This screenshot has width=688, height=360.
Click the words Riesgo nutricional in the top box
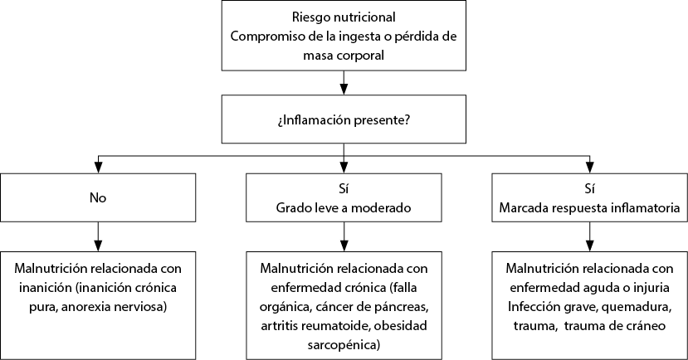(344, 17)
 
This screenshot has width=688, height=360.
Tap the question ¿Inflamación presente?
(344, 119)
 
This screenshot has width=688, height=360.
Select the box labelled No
(98, 197)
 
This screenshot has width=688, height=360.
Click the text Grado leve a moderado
(344, 207)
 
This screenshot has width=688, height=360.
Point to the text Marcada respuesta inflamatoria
(589, 207)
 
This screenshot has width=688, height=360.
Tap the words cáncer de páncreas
(371, 307)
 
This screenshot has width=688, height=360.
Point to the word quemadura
(637, 307)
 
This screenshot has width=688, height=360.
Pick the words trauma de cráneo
(615, 326)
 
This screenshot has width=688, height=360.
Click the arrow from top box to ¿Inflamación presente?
(344, 83)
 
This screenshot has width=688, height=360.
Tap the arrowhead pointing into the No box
(98, 168)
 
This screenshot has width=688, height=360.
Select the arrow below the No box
(98, 236)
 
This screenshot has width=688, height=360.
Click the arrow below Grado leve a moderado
(344, 236)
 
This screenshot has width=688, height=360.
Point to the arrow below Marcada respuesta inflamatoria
(589, 236)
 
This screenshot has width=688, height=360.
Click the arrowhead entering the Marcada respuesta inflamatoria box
(589, 168)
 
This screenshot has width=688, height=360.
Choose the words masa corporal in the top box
(344, 56)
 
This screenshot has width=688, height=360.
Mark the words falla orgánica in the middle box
(344, 297)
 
